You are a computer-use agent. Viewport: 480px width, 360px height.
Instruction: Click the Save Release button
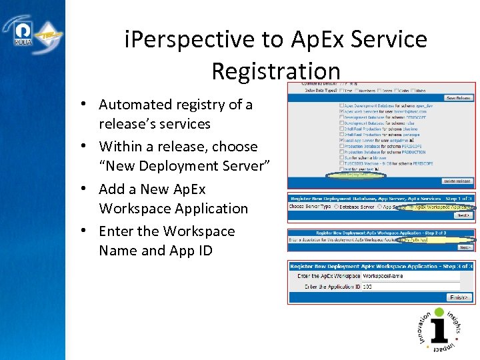point(458,98)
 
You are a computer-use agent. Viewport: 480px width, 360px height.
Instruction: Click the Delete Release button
point(457,181)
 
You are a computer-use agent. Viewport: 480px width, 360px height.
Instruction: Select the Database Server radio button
point(337,207)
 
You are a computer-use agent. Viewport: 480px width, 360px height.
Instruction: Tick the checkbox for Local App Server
point(342,141)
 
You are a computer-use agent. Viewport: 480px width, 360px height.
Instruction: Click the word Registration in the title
point(276,70)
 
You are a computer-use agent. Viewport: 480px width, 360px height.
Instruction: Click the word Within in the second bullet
point(120,147)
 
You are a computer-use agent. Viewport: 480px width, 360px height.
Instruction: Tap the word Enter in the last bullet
point(117,231)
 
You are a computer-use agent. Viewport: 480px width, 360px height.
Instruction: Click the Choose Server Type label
point(309,207)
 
